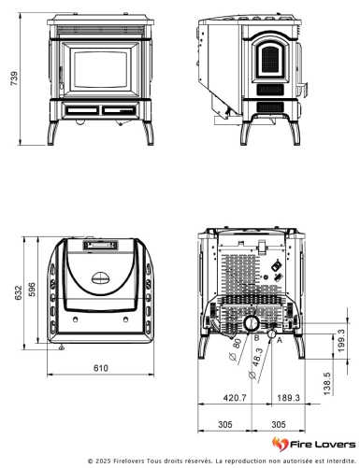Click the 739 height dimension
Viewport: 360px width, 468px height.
click(x=12, y=81)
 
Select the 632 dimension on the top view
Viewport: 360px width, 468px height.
click(x=12, y=293)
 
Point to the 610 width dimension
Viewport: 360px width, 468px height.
click(x=100, y=368)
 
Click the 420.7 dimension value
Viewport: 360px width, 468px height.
click(x=235, y=398)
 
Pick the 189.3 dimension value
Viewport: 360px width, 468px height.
click(x=288, y=398)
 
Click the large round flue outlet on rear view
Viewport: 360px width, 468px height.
click(x=252, y=322)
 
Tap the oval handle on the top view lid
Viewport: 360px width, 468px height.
click(x=100, y=277)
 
